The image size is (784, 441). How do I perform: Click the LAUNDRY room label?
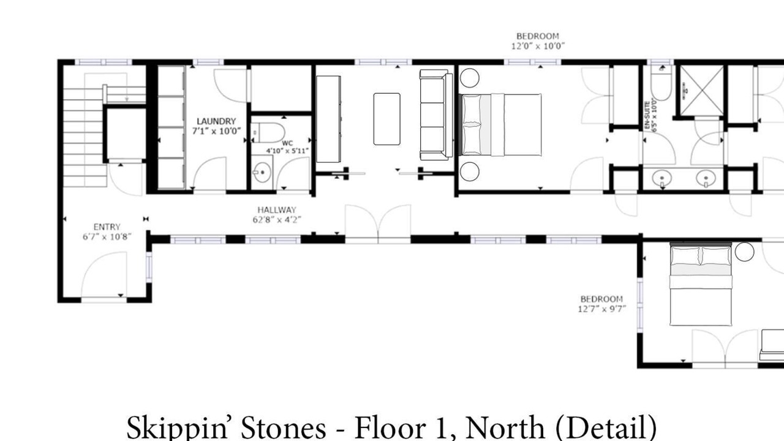pyautogui.click(x=216, y=121)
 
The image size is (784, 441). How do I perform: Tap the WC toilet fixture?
pyautogui.click(x=268, y=133)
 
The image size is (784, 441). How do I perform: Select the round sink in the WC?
pyautogui.click(x=262, y=173)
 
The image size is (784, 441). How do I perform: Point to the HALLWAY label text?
pyautogui.click(x=277, y=210)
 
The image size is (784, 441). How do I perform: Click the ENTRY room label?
pyautogui.click(x=107, y=227)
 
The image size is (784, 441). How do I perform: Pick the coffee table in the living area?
pyautogui.click(x=386, y=119)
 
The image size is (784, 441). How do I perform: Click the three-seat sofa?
pyautogui.click(x=436, y=115)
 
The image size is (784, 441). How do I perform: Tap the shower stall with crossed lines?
pyautogui.click(x=701, y=90)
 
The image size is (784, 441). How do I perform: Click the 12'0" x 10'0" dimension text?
pyautogui.click(x=538, y=46)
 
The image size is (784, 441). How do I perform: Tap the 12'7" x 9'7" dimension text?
pyautogui.click(x=601, y=309)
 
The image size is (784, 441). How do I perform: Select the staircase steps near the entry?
pyautogui.click(x=85, y=137)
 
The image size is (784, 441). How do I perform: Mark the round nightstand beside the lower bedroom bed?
pyautogui.click(x=744, y=252)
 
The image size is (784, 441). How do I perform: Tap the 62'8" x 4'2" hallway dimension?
pyautogui.click(x=277, y=220)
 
